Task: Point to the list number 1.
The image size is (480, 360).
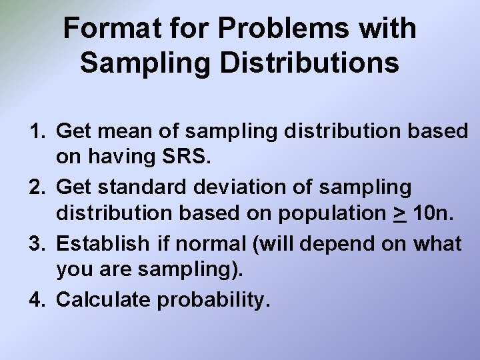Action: [37, 131]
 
